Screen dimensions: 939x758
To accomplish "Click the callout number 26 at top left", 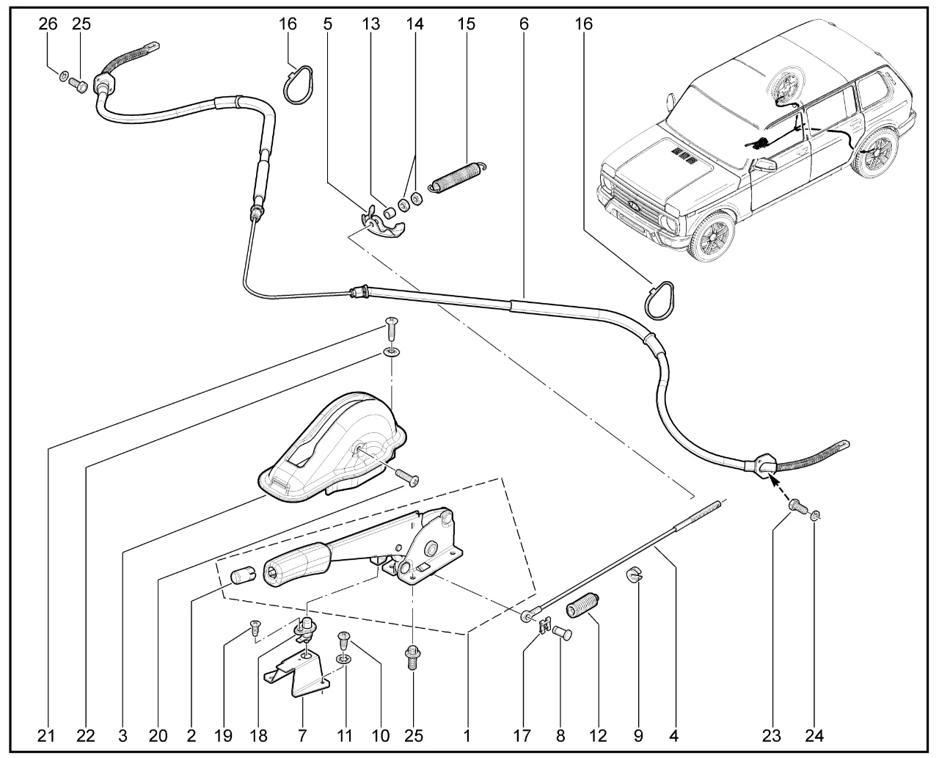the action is (x=48, y=23).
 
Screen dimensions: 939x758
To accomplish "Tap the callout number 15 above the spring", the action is (x=466, y=23).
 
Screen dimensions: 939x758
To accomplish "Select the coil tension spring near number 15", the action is (x=457, y=178).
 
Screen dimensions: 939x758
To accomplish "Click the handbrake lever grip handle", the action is (x=296, y=564).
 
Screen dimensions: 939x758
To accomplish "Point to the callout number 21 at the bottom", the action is (x=45, y=735).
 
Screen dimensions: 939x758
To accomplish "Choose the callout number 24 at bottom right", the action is (x=814, y=735).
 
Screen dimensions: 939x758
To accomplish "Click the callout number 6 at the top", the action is (x=524, y=23).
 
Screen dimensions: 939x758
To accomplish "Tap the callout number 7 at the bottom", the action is (x=302, y=735).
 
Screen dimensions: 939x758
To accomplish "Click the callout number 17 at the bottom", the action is (x=522, y=735).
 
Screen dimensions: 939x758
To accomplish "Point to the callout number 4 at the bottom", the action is (x=673, y=735).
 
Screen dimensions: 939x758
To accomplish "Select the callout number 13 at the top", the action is (x=370, y=23).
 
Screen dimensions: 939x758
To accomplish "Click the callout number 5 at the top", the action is (x=327, y=23).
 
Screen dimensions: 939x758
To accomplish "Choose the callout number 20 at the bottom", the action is (x=158, y=735).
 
